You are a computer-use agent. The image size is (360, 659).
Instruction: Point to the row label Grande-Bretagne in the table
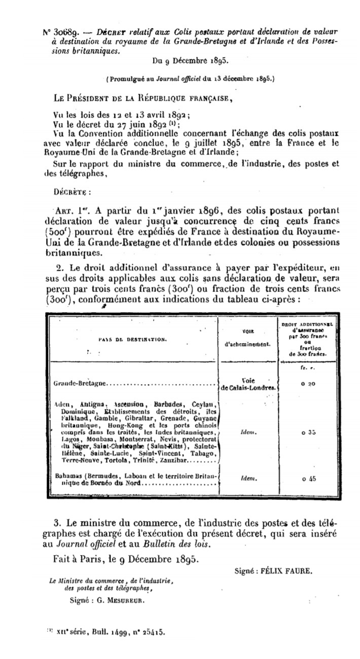pyautogui.click(x=71, y=384)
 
